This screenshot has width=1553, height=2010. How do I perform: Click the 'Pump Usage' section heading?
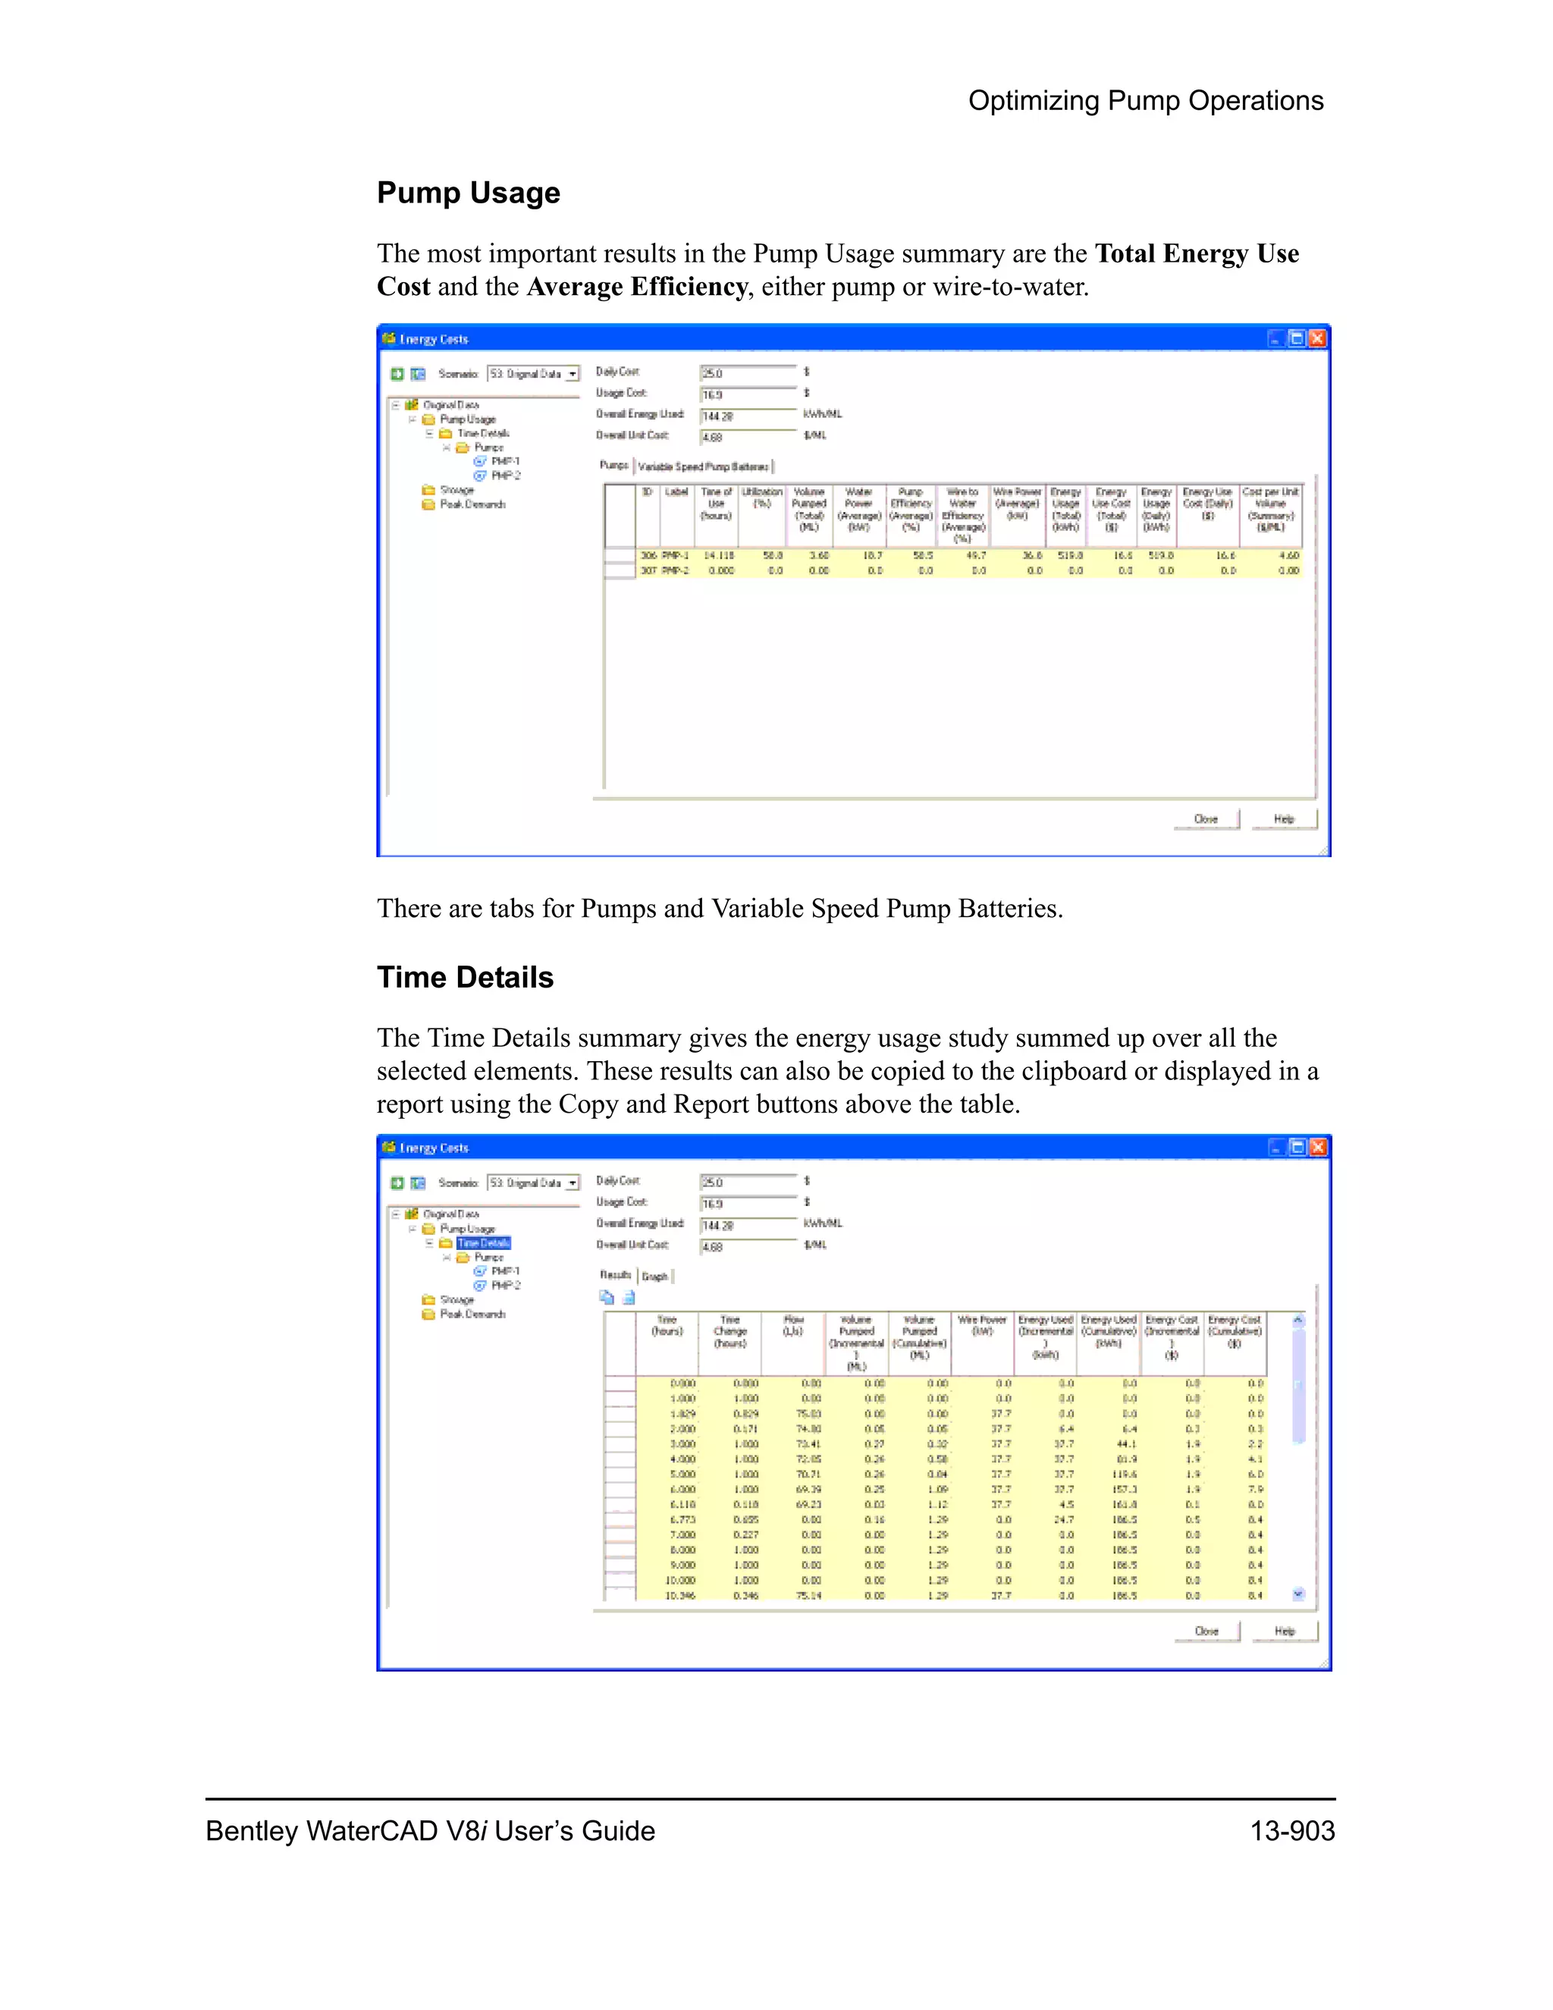click(469, 193)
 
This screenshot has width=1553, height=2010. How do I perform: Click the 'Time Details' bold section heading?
click(465, 978)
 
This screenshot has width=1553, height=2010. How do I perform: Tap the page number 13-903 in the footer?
click(1291, 1830)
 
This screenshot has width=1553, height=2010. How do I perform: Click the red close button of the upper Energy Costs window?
click(1317, 339)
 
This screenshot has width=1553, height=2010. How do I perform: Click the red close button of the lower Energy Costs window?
click(1317, 1147)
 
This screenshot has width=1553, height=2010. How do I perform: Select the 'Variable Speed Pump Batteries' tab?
click(704, 466)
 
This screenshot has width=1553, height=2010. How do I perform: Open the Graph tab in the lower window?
click(655, 1277)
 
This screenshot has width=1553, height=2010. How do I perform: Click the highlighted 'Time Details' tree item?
click(483, 1243)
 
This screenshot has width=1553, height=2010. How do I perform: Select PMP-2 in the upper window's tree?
click(505, 476)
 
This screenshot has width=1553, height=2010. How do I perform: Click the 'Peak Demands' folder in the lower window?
click(472, 1314)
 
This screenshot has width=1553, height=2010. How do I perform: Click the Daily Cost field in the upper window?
click(747, 372)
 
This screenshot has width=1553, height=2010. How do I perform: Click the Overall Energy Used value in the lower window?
click(747, 1226)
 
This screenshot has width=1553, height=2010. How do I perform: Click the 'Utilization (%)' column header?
click(762, 498)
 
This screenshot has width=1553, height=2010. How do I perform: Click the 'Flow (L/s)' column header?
click(792, 1325)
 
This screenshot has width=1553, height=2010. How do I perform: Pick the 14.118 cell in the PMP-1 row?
click(719, 556)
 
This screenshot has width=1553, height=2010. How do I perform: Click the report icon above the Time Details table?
click(629, 1299)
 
